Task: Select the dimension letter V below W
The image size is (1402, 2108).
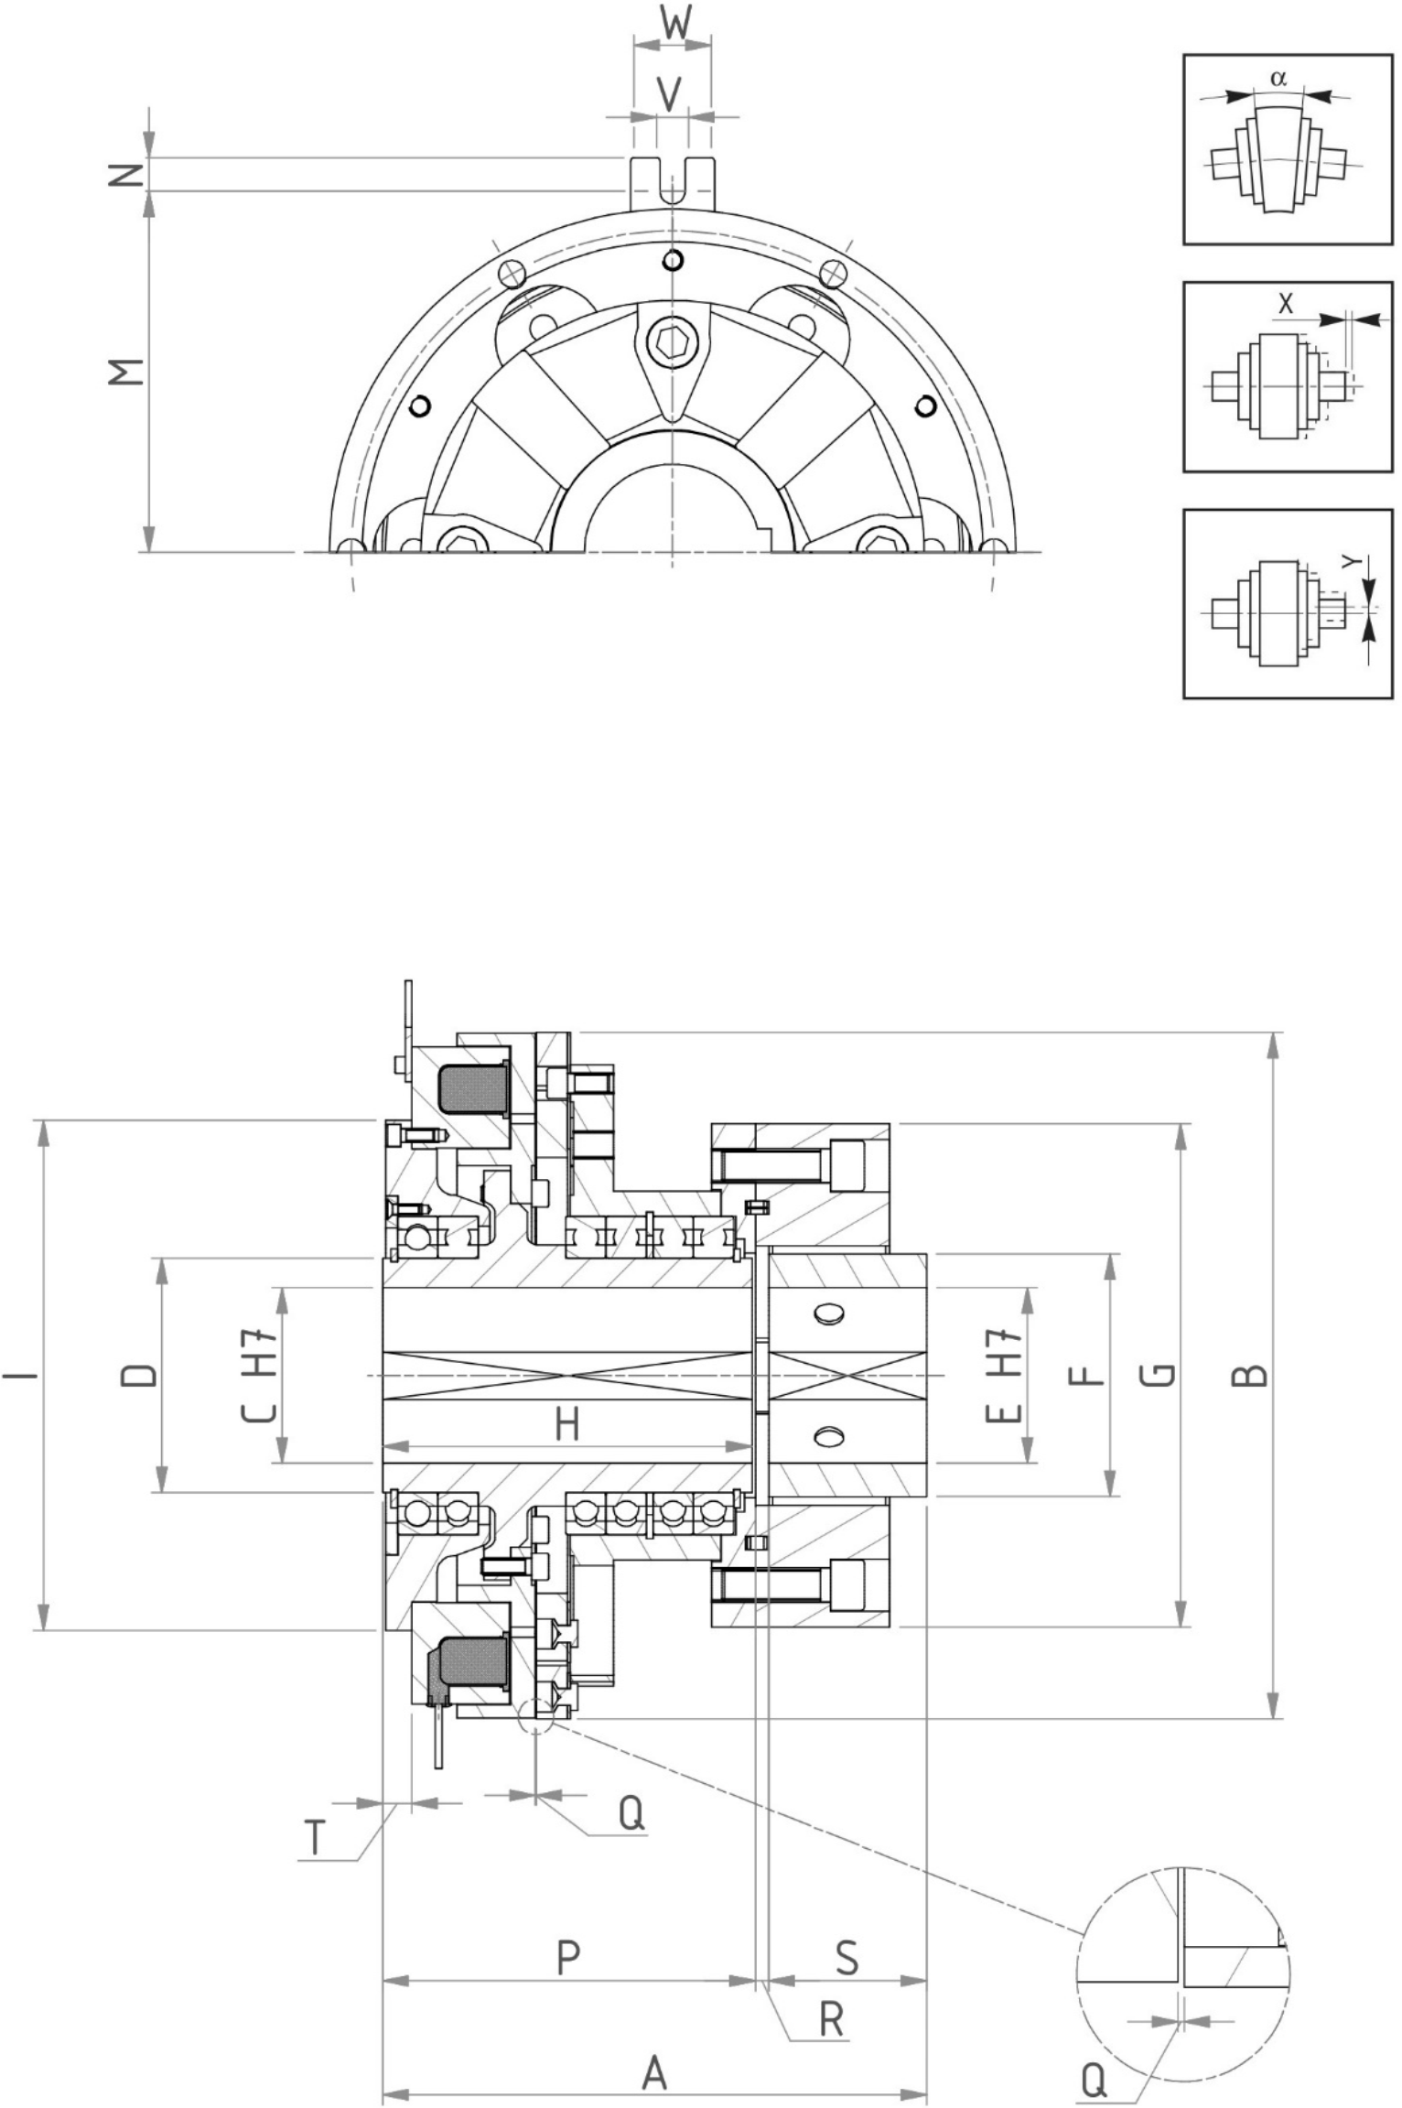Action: [671, 93]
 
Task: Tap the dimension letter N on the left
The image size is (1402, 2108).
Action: [129, 175]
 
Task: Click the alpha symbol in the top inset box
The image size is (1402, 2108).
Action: [1278, 79]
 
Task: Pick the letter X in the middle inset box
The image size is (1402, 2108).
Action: [1286, 304]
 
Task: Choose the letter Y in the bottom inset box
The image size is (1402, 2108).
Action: [1353, 564]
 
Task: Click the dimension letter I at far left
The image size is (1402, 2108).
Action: [20, 1374]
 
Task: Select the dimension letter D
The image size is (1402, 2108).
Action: [139, 1374]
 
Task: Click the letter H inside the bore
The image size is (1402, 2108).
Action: [567, 1425]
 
